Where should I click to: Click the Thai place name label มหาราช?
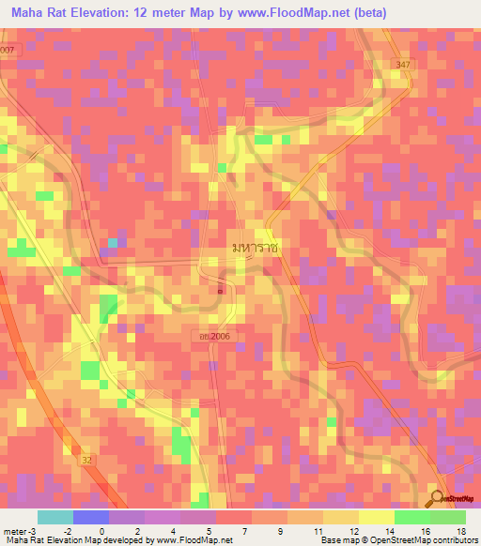point(256,245)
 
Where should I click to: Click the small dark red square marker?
point(221,290)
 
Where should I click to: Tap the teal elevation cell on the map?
point(112,243)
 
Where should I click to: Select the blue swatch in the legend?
point(91,517)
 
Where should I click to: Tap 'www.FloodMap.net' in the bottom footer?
point(184,540)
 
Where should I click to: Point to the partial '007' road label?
point(8,49)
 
